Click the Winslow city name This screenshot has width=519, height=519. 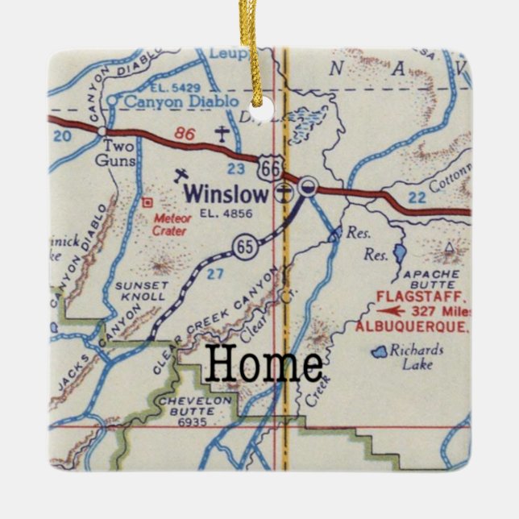click(226, 194)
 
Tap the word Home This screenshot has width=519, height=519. click(264, 364)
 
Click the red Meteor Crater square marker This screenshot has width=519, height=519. click(147, 202)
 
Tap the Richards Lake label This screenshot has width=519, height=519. click(416, 357)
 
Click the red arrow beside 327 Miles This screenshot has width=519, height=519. click(392, 310)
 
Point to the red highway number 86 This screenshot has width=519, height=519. click(185, 135)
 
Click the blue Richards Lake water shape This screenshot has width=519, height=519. click(379, 352)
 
